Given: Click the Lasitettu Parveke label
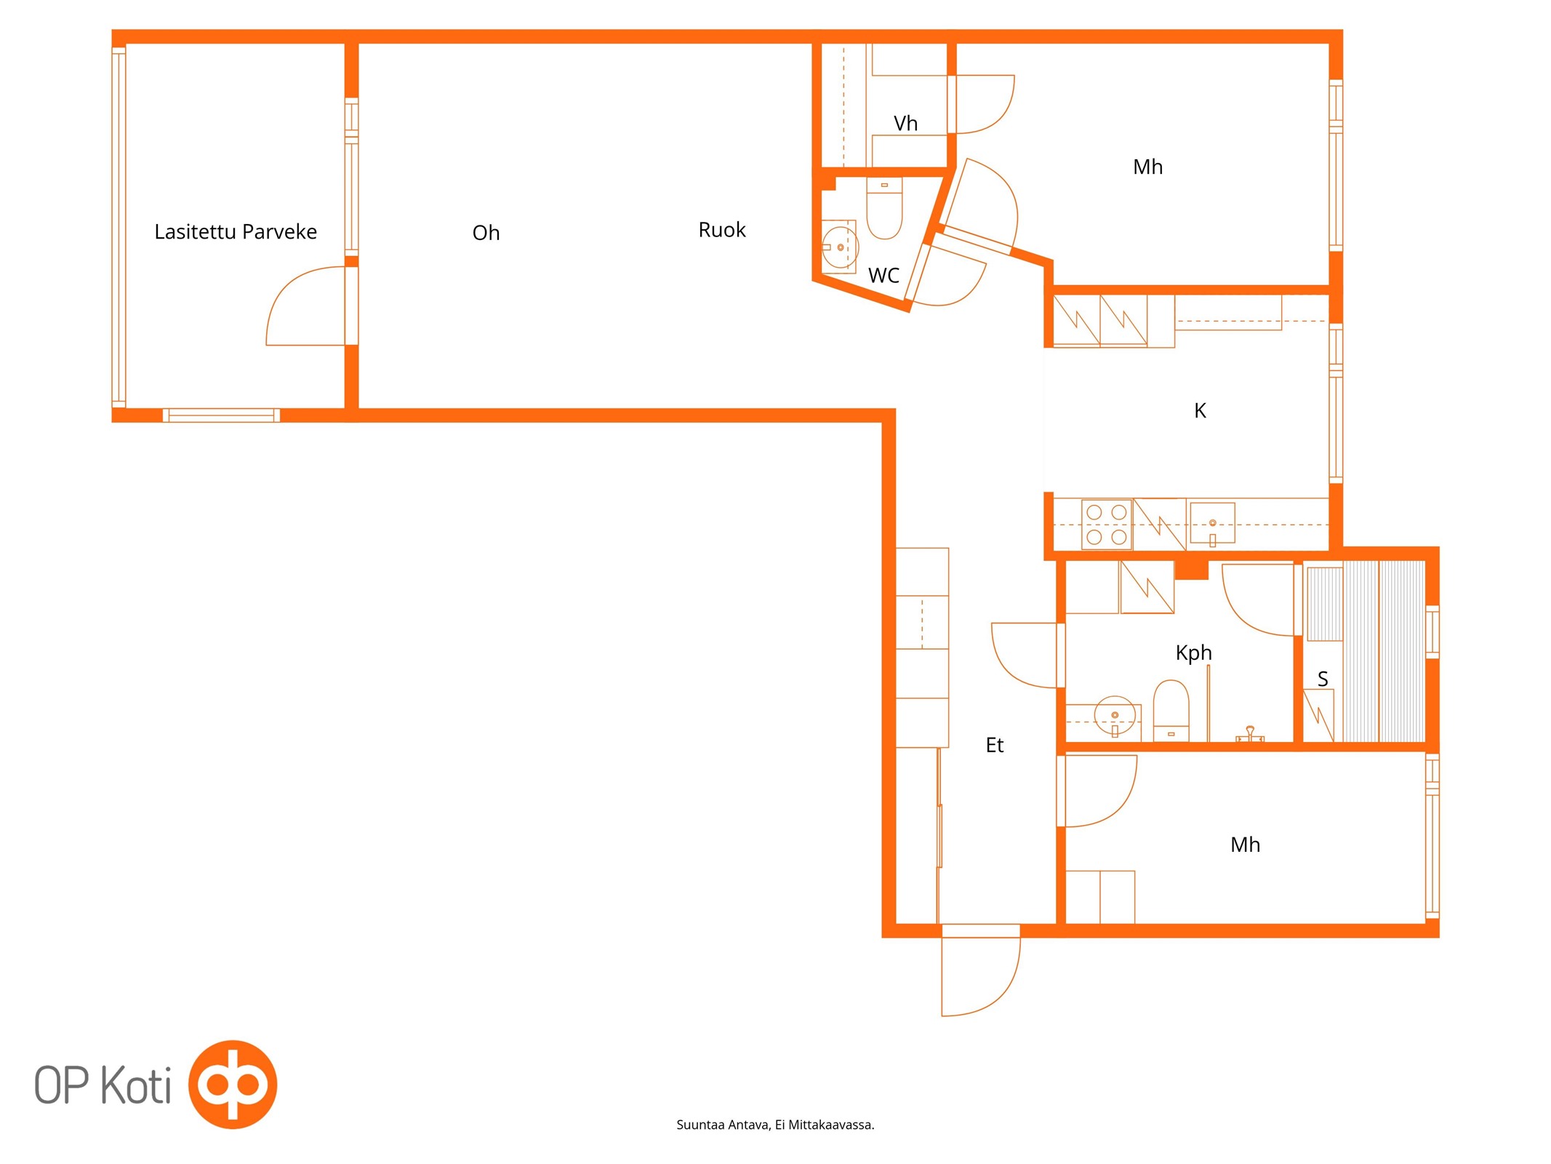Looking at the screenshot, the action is point(236,232).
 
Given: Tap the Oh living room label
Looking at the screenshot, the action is point(486,233).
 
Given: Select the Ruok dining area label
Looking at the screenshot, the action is point(722,230).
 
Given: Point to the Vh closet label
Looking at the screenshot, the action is point(905,124).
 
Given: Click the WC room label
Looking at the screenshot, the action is point(883,276).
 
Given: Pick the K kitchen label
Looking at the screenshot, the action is point(1200,411).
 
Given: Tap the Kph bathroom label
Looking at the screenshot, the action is point(1193,653).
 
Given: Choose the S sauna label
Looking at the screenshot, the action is point(1323,679).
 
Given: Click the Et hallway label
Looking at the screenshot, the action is point(994,745).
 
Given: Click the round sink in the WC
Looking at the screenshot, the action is point(840,247).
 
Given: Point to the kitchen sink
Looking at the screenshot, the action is point(1212,524).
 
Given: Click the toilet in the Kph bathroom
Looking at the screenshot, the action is point(1171,711).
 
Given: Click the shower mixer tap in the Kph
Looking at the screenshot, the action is point(1250,735).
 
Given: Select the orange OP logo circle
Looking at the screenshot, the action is point(233,1084).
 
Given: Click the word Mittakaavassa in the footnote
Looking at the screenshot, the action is point(831,1125).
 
